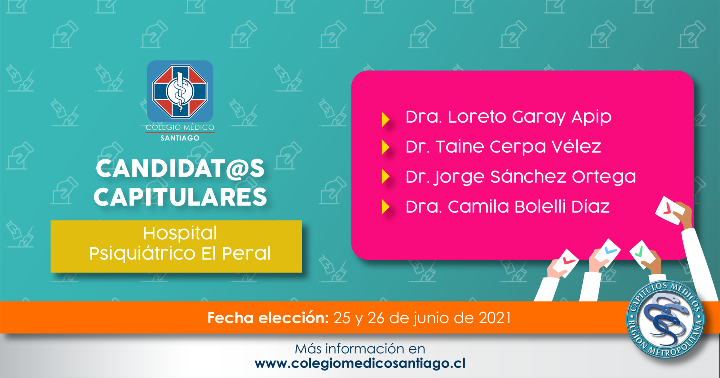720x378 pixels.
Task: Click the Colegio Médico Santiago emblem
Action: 180,91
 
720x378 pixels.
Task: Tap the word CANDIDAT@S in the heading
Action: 180,169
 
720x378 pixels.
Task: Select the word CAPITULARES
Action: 180,197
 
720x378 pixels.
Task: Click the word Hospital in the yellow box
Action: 180,233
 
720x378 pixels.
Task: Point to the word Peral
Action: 246,253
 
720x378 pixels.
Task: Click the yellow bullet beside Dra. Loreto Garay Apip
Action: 385,119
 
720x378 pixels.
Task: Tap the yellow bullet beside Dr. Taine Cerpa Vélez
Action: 385,147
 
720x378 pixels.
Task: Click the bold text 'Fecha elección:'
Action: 268,318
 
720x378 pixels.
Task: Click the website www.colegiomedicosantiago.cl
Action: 360,363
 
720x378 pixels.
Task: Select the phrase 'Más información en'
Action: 360,349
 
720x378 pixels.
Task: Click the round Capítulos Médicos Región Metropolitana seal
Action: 666,319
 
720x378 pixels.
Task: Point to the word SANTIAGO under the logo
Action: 180,138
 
